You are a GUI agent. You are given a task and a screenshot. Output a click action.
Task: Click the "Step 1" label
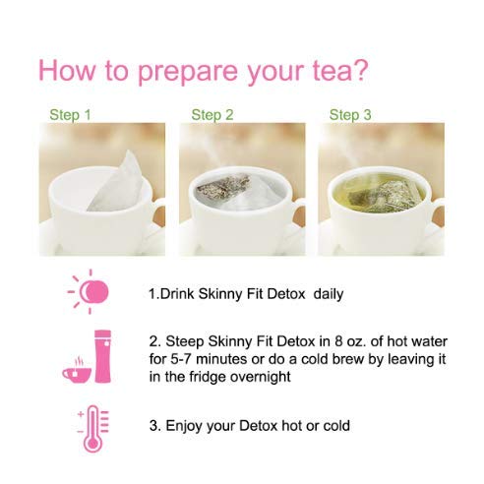tap(70, 115)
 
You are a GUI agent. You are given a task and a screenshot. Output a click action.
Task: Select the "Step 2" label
tap(212, 115)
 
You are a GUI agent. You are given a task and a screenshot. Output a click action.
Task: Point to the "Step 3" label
tap(350, 115)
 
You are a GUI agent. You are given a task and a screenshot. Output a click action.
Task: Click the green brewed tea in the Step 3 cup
tap(378, 192)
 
